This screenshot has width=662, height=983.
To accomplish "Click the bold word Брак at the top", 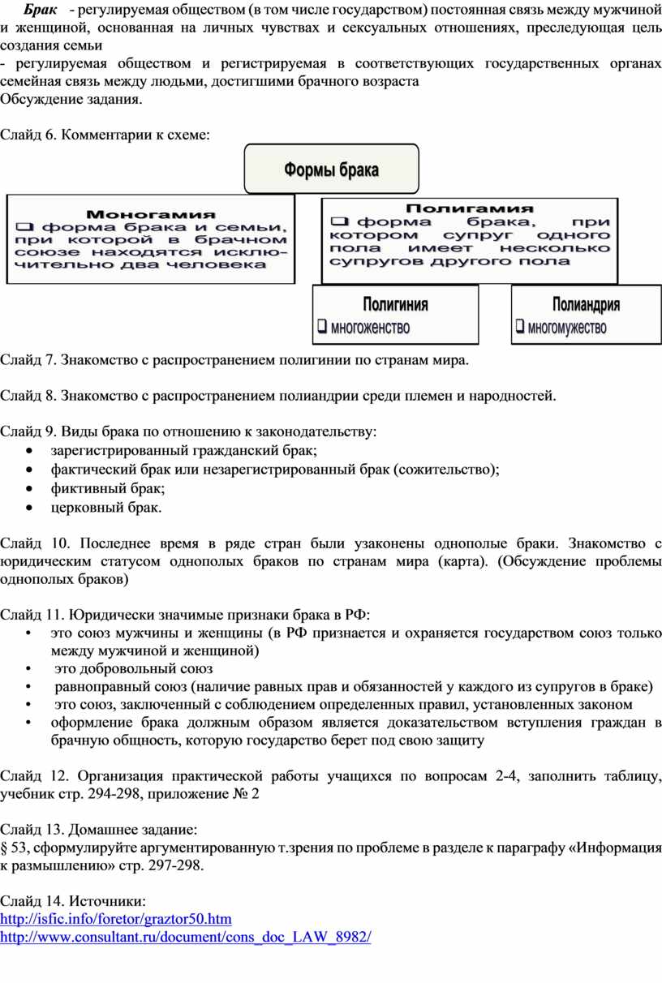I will (x=39, y=11).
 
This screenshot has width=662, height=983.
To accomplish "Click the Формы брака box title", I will (x=331, y=170).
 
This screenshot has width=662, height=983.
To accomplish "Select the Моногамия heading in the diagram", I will (x=151, y=215).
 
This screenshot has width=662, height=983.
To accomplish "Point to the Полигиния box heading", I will (x=396, y=306).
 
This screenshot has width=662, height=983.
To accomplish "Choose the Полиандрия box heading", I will (x=586, y=306).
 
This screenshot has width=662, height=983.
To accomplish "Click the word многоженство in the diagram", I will (x=370, y=328).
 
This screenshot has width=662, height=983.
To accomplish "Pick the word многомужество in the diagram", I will (x=567, y=328).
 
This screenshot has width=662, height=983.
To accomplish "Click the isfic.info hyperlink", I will (x=116, y=919).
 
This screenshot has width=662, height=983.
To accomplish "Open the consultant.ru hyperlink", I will (x=186, y=937).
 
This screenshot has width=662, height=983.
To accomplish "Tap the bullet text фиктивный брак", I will (x=107, y=489).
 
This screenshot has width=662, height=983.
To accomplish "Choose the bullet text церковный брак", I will (x=105, y=508).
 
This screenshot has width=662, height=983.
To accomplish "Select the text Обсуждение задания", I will (x=71, y=100).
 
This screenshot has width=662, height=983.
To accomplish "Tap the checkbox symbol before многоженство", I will (x=322, y=328).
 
